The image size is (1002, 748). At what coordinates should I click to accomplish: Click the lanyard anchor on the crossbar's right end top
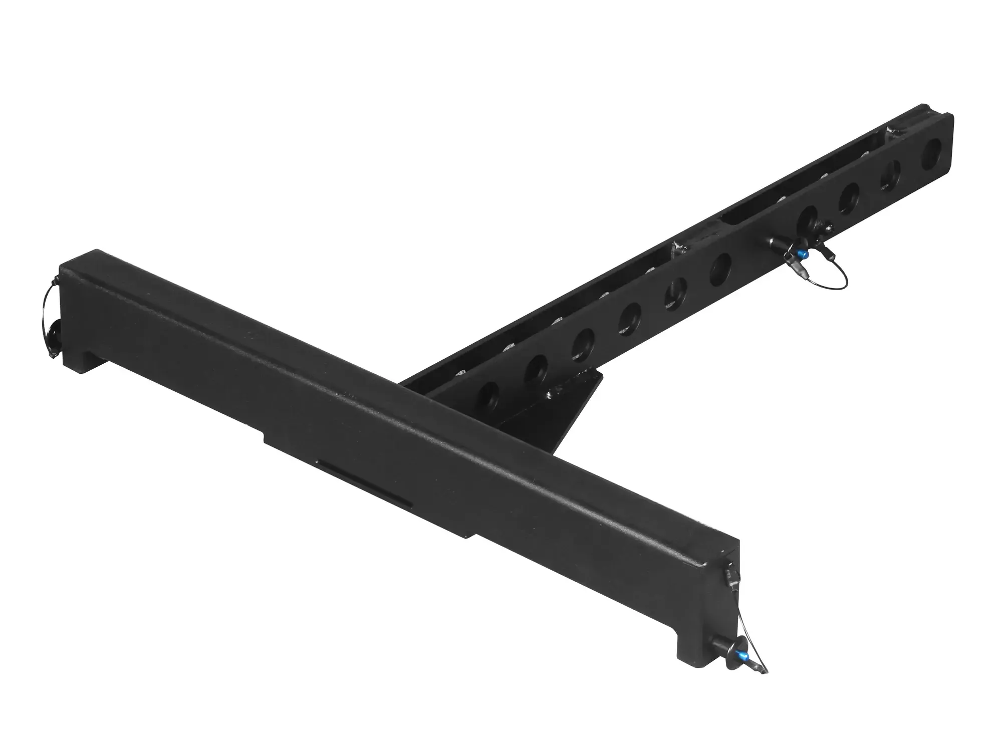[x=729, y=571]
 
